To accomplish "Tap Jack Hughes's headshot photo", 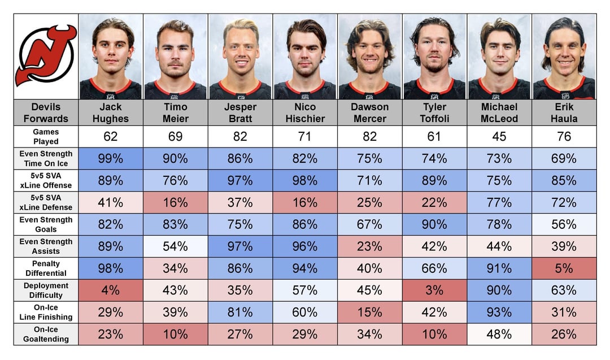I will [111, 57].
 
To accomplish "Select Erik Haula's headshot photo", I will [564, 57].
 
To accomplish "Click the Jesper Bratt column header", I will [240, 112].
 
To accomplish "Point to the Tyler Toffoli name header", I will [434, 112].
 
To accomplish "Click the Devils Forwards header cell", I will [46, 112].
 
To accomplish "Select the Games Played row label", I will [46, 137].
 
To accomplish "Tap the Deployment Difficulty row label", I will [46, 290].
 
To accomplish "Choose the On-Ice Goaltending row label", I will [46, 334].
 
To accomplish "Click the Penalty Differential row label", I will [46, 268].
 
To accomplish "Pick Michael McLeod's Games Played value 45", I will [499, 137].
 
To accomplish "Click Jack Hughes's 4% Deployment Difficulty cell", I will [111, 290].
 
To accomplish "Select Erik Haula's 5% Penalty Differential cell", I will [564, 268].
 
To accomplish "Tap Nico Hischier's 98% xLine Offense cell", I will [305, 180].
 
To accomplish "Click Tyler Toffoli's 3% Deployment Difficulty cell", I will [434, 290].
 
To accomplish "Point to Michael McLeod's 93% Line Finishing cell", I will [499, 312].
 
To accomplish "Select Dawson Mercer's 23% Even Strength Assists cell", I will [370, 246].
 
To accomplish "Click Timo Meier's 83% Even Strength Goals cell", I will [175, 224].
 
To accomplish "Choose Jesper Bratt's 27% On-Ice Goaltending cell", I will [240, 334].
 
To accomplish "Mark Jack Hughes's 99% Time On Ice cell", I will [111, 159].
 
